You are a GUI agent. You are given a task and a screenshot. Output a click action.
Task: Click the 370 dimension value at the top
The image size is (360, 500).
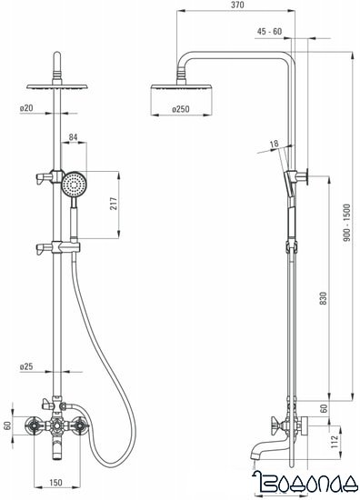[237, 5]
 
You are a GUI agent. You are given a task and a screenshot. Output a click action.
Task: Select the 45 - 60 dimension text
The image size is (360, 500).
[269, 32]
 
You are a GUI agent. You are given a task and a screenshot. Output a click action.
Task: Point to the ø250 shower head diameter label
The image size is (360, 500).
[181, 109]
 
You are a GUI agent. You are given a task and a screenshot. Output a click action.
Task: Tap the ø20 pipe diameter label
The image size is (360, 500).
[26, 108]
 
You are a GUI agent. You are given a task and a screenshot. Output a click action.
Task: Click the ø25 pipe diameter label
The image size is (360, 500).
[26, 366]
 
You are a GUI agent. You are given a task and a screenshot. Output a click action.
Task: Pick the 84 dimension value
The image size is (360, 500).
[74, 137]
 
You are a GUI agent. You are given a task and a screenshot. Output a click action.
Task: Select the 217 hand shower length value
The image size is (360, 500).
[114, 204]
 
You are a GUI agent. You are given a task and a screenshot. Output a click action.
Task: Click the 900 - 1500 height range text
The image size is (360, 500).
[346, 223]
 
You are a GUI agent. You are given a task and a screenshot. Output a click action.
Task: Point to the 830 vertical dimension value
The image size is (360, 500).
[324, 298]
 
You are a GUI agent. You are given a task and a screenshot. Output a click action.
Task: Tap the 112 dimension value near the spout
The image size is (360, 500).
[335, 442]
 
